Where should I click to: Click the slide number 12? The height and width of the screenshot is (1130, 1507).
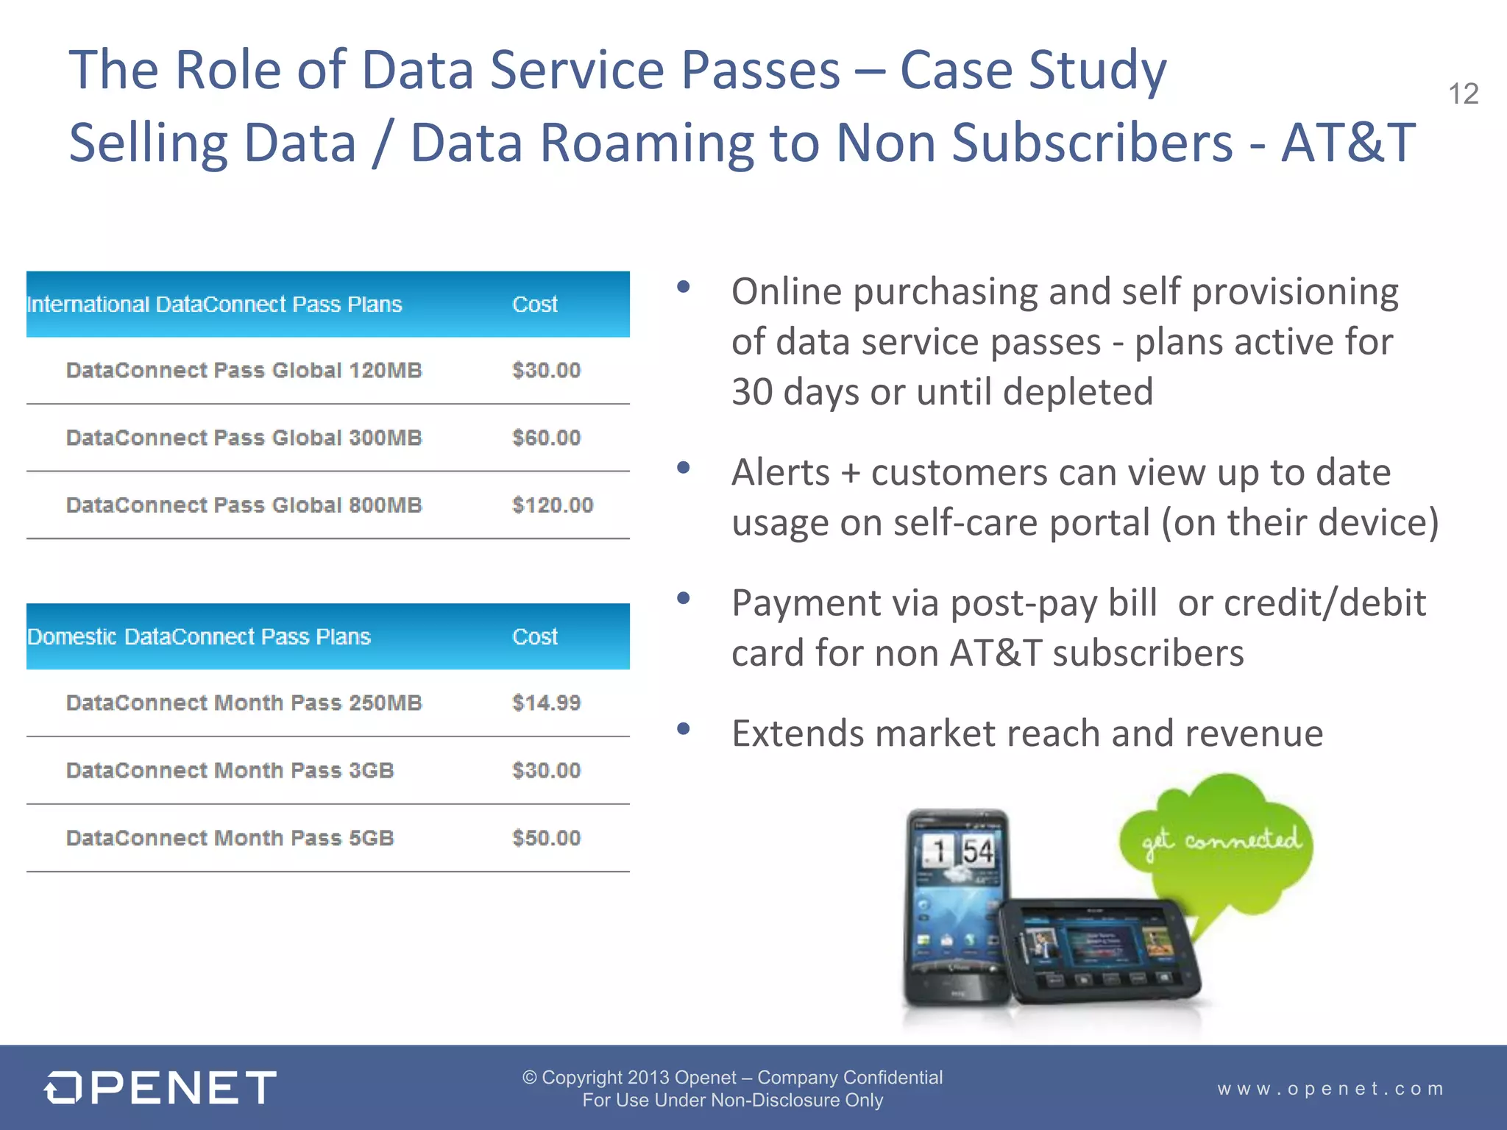pyautogui.click(x=1463, y=94)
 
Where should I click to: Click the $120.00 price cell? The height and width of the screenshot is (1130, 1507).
pyautogui.click(x=553, y=505)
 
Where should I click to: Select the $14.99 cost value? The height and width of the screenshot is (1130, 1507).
pyautogui.click(x=546, y=703)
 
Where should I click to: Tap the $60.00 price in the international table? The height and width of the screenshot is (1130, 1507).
pyautogui.click(x=546, y=438)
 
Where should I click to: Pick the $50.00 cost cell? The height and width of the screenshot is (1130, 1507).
pyautogui.click(x=546, y=838)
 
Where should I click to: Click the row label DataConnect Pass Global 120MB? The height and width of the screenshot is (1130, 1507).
pyautogui.click(x=244, y=370)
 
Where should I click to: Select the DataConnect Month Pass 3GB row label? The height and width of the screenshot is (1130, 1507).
pyautogui.click(x=230, y=770)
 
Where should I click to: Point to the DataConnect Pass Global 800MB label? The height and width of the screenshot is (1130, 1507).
pyautogui.click(x=244, y=505)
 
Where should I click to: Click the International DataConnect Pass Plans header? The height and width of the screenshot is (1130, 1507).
pyautogui.click(x=214, y=305)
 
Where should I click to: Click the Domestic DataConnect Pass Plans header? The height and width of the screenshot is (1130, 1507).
pyautogui.click(x=199, y=637)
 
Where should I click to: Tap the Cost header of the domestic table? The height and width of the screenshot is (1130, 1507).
pyautogui.click(x=535, y=637)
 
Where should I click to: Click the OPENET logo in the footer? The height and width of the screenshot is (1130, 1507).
pyautogui.click(x=160, y=1087)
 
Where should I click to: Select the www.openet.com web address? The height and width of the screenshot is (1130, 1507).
pyautogui.click(x=1330, y=1089)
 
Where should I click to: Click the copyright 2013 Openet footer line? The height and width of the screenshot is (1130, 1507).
pyautogui.click(x=732, y=1078)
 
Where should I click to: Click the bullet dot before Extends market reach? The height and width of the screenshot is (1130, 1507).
pyautogui.click(x=684, y=729)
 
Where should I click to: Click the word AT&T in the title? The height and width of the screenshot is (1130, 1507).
pyautogui.click(x=1348, y=143)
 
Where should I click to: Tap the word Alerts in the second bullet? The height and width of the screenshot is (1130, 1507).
pyautogui.click(x=780, y=472)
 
